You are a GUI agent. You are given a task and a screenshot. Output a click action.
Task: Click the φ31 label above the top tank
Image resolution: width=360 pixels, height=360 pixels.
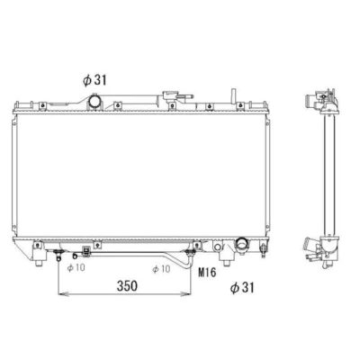pos(94,80)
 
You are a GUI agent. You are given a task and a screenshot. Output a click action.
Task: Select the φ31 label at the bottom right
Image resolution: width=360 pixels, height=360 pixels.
pos(242,288)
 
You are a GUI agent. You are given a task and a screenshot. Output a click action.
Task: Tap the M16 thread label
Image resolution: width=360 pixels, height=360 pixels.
pos(207,273)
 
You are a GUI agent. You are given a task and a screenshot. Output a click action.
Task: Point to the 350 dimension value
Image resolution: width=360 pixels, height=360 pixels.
pos(127,286)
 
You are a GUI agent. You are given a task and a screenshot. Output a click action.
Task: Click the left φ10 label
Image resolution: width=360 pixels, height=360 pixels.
pos(76,267)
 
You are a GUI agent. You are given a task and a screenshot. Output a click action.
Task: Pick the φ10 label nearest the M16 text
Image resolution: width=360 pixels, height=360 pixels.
pos(161,269)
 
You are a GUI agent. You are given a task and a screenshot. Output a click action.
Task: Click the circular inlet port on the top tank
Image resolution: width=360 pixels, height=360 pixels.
pos(94,101)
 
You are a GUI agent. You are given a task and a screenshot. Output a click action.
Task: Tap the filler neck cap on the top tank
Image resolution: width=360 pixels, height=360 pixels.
pos(170,96)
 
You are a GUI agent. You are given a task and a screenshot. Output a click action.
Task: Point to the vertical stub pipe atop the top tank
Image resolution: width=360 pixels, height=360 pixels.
pos(232,96)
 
